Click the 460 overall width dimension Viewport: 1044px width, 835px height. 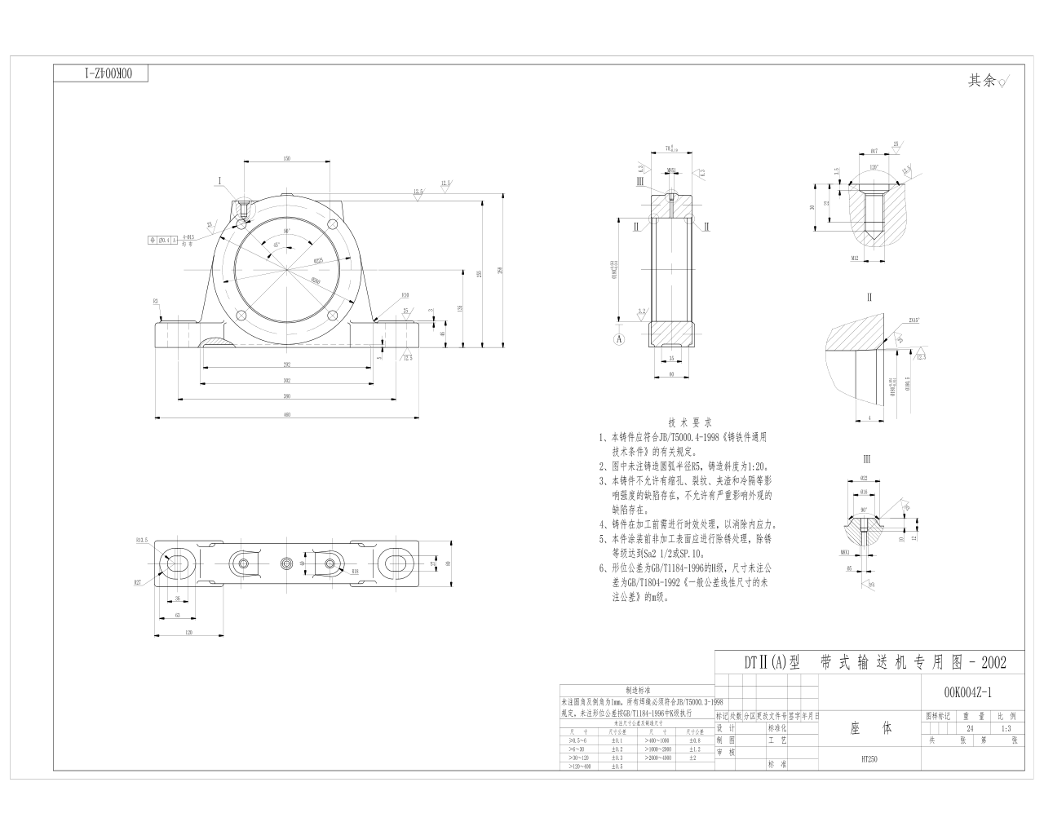(x=287, y=415)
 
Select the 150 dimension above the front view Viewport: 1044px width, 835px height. (x=287, y=159)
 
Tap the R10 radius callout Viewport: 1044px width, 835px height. (x=405, y=295)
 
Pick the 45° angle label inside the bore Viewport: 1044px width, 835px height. (x=276, y=245)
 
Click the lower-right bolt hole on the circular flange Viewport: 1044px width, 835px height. (x=331, y=316)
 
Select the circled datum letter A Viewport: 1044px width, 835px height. (x=619, y=337)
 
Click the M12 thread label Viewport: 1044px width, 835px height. (x=855, y=258)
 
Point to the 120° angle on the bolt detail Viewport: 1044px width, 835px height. (x=874, y=166)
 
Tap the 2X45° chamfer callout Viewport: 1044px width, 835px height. (x=913, y=320)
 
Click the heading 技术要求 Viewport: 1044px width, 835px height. (x=690, y=422)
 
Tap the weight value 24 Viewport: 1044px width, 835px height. (x=970, y=728)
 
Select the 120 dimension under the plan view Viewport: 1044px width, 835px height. (x=188, y=631)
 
